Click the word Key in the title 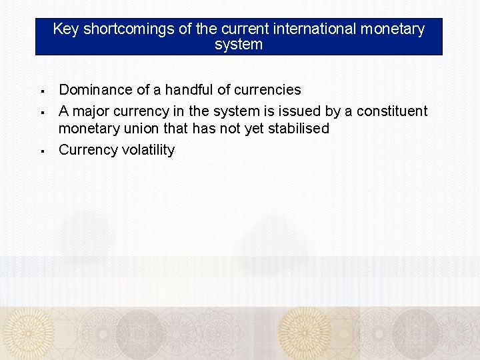tap(66, 29)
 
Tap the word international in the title tap(311, 29)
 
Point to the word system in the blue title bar tap(239, 45)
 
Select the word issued tap(297, 111)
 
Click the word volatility tap(148, 149)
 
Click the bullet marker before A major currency tap(41, 111)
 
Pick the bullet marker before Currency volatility tap(41, 151)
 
